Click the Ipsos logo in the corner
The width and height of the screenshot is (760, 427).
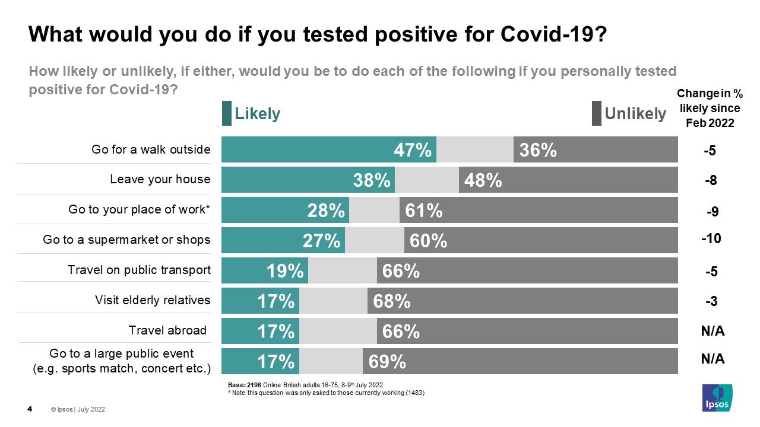pos(717,397)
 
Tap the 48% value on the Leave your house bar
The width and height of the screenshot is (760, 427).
pos(483,180)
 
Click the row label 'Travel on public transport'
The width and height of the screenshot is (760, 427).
pos(139,270)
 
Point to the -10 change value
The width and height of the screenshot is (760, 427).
pos(711,238)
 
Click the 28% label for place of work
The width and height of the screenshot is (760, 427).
pos(326,211)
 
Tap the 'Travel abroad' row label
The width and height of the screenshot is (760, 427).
pos(167,330)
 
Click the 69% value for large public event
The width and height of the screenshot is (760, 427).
pos(387,361)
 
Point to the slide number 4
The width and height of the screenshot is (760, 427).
pos(30,409)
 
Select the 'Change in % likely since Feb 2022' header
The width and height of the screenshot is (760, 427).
pos(710,109)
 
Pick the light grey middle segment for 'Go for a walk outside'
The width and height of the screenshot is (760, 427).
pos(475,149)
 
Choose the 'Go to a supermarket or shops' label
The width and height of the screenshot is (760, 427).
pos(126,240)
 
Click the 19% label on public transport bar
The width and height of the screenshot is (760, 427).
pos(285,271)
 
